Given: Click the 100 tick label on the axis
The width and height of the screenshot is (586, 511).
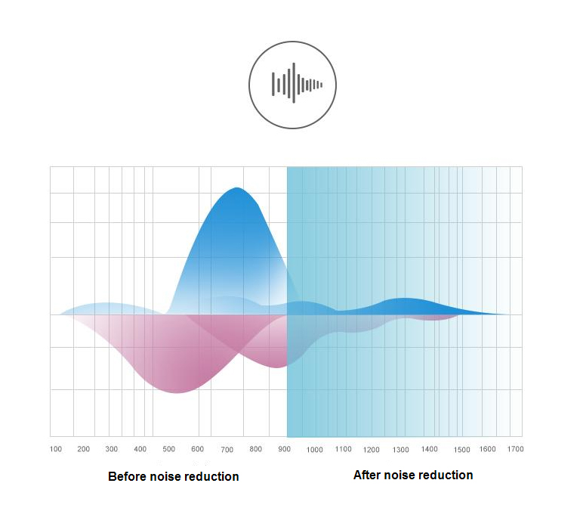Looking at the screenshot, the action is pos(56,449).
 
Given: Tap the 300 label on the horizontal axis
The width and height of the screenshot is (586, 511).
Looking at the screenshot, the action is pos(111,449).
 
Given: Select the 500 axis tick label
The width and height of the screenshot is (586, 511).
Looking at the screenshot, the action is pos(168,449).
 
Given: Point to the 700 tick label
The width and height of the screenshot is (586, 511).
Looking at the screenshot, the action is pos(227,450).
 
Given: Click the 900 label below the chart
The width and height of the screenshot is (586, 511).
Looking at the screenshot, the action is pos(284,449).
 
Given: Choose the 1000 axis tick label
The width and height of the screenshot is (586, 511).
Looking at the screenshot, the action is pos(314,450).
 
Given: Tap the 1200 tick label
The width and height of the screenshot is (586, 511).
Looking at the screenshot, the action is pos(371,450).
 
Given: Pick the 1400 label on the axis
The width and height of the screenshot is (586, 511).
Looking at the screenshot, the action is pos(429,449).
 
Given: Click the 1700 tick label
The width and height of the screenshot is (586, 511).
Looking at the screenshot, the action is pos(515,449).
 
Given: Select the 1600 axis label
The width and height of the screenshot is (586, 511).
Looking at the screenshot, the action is pos(487,449).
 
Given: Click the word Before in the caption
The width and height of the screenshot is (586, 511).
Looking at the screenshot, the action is pos(127,476).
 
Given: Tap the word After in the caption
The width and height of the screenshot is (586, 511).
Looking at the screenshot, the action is pos(367,475).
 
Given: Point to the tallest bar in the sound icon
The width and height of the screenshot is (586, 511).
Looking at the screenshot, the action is pos(294,82).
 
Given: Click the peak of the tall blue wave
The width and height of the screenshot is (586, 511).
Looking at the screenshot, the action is pos(236,187).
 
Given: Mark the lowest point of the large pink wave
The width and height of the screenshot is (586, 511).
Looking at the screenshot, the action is pos(177,392).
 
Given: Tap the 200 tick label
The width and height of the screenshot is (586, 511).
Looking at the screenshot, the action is pos(83,449).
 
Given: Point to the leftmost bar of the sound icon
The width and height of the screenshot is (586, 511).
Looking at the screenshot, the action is pos(273,84).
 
